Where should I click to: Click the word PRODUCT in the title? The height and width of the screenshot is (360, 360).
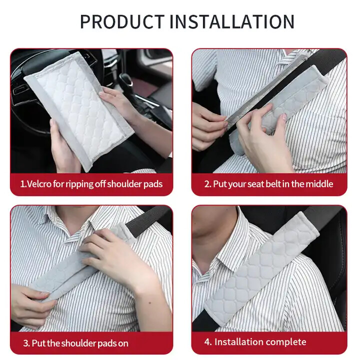coord(122,22)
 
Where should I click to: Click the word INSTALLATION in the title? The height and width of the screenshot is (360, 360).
coord(232,22)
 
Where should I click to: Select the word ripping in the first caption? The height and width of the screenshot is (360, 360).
coord(79,184)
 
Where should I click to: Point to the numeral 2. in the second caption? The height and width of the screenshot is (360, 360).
coord(208,184)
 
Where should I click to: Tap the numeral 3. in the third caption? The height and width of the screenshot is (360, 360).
coord(26,343)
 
